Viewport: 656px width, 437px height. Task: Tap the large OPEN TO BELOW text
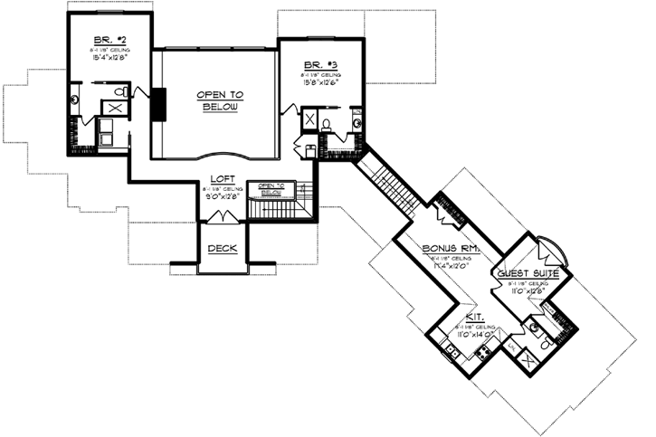tap(217, 100)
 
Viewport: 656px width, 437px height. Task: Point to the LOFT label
tap(223, 179)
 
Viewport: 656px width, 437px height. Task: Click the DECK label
tap(222, 249)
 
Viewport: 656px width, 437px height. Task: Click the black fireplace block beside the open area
tap(157, 104)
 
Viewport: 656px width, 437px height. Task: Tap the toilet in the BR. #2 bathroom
tap(120, 92)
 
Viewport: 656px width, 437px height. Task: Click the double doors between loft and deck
tap(222, 216)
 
